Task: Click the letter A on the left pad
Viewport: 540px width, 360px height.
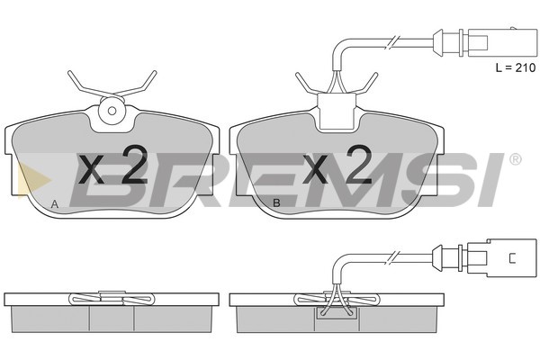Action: coord(54,204)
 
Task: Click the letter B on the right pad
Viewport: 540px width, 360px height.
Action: coord(276,203)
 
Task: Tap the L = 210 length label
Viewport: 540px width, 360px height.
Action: coord(516,67)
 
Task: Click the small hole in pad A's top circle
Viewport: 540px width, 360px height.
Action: coord(112,111)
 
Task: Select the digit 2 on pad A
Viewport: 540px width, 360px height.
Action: coord(135,164)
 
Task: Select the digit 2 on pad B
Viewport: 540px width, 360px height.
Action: coord(358,164)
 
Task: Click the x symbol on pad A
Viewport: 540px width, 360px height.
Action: coord(91,169)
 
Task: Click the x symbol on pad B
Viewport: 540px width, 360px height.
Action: coord(315,169)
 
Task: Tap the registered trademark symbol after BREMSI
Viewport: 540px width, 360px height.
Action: coord(515,159)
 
